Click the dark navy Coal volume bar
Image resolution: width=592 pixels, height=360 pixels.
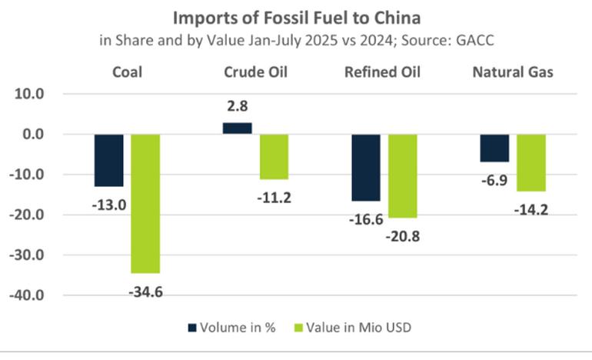tap(108, 160)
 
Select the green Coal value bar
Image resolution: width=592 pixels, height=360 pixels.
tap(145, 203)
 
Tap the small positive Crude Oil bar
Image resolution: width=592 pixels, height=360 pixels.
tap(238, 128)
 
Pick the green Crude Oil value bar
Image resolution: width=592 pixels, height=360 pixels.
tap(274, 156)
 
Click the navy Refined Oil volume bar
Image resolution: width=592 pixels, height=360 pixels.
tap(365, 167)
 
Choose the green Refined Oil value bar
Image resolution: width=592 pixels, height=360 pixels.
tap(401, 175)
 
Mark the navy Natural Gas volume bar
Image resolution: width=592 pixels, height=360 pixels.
tap(494, 148)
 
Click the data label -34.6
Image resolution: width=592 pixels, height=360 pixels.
tap(145, 292)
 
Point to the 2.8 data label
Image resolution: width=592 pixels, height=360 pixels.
tap(238, 107)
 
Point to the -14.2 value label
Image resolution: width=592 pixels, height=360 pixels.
tap(531, 209)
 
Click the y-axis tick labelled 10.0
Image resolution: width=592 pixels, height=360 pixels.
tap(30, 95)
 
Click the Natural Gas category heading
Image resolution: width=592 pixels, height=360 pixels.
tap(513, 73)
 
